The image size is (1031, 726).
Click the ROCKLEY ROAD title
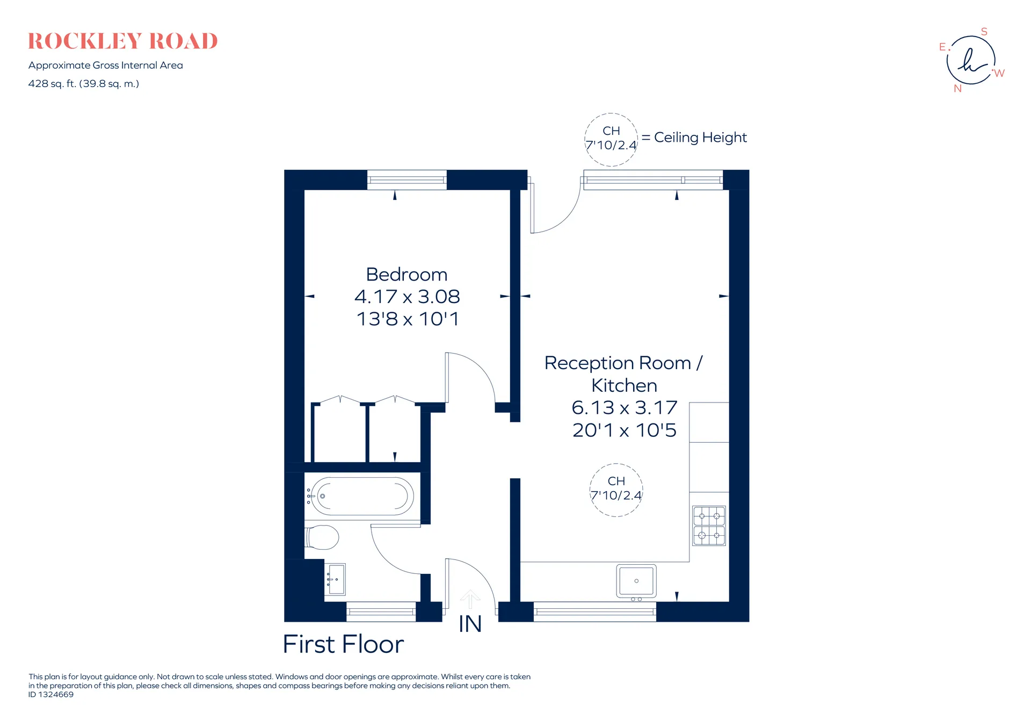coord(123,41)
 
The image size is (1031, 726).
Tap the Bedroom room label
coord(406,275)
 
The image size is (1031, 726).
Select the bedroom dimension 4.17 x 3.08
coord(407,297)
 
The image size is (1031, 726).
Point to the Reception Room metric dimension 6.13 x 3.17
coord(624,408)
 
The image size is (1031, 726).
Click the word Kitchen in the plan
coord(624,385)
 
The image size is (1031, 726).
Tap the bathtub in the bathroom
coord(360,496)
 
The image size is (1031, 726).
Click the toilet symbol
coord(322,537)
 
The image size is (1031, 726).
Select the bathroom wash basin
coord(336,579)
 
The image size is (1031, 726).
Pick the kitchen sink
coord(636,581)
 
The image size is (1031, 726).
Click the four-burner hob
coord(709,526)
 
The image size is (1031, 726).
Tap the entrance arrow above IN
coord(470,599)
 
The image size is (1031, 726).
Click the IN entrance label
coord(470,624)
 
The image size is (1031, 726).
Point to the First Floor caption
coord(343,644)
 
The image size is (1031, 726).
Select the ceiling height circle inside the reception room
coord(616,464)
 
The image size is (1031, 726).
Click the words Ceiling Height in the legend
coord(700,138)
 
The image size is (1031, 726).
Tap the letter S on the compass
coord(984,32)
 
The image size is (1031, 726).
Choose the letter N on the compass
coord(957,89)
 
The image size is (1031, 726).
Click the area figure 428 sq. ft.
coord(52,84)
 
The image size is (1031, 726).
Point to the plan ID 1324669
coord(51,694)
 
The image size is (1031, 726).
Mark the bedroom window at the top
coord(406,180)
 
